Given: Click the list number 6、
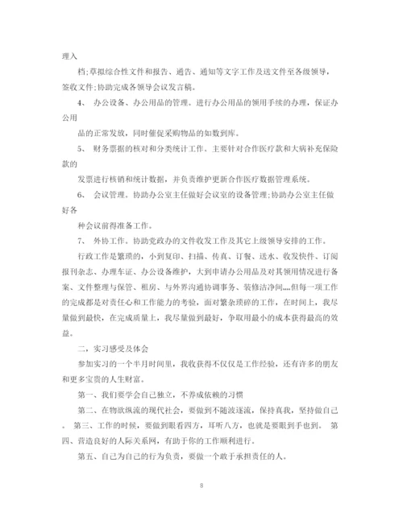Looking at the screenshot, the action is coord(81,193).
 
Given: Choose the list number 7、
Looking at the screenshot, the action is coord(81,238).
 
